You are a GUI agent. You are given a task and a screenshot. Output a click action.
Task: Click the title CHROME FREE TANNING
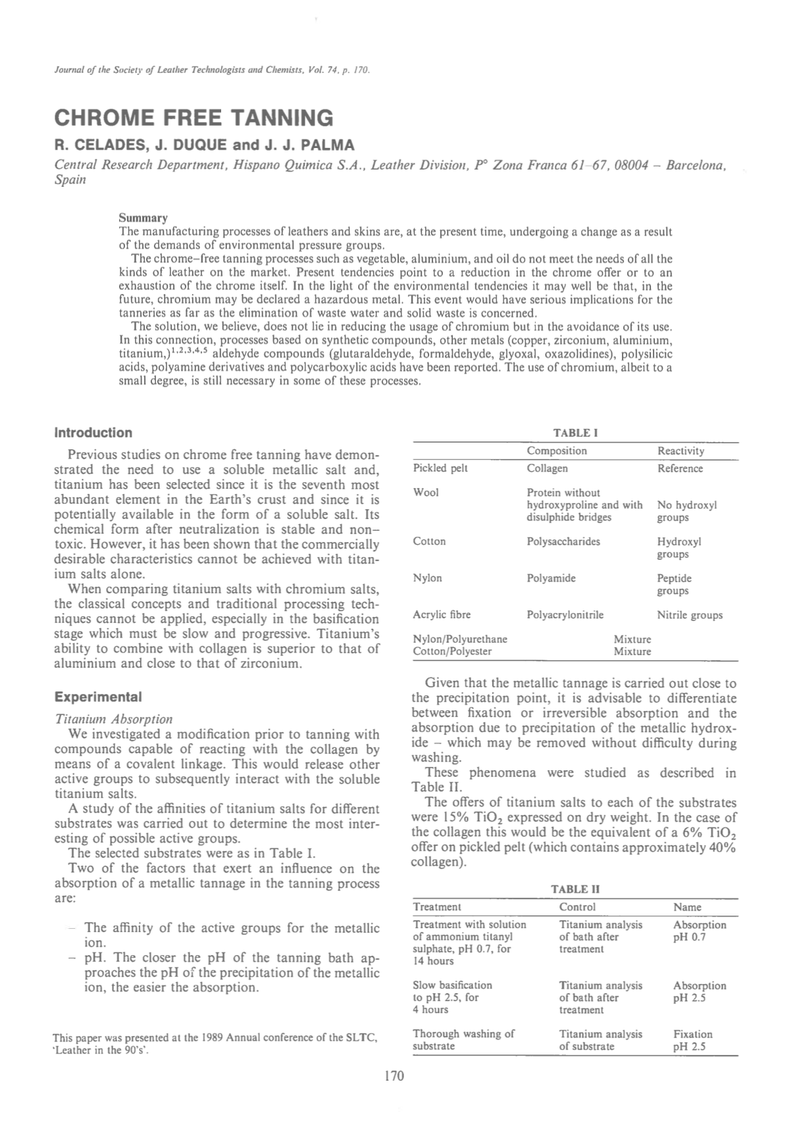point(193,118)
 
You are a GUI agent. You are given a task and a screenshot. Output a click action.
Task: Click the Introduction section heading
point(93,433)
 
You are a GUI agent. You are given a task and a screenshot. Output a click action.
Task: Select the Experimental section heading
point(97,697)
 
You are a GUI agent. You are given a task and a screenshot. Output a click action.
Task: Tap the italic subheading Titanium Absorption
point(113,719)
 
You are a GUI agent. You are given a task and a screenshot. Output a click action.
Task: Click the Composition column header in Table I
point(556,451)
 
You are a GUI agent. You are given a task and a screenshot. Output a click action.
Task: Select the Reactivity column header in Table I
point(681,451)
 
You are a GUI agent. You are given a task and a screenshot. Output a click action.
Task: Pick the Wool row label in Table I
point(425,493)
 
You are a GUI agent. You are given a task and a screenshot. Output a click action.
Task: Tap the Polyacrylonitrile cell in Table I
point(565,615)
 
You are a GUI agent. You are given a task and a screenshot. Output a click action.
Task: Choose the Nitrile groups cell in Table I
point(689,616)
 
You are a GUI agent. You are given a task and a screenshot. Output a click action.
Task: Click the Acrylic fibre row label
point(441,615)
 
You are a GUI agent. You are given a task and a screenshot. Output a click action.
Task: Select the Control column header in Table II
point(577,907)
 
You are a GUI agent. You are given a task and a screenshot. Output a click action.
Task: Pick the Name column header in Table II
point(687,907)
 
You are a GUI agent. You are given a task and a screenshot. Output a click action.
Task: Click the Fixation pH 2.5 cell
point(692,1040)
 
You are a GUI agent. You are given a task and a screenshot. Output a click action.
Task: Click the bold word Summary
point(143,218)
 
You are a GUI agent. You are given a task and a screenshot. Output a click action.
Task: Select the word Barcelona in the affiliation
point(696,164)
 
